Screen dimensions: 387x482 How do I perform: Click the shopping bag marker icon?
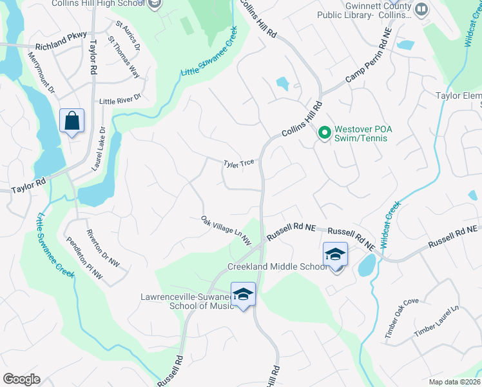coord(72,120)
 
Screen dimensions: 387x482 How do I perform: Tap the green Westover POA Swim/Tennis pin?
coord(325,134)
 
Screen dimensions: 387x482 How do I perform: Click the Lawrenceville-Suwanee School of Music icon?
coord(243,295)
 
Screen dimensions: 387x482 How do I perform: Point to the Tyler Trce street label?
coord(239,164)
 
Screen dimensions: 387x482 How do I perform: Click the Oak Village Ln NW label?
coord(226,230)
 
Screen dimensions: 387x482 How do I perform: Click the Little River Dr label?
coord(120,101)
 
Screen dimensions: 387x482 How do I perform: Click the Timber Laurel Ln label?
coord(436,321)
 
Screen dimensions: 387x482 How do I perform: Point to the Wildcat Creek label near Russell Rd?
coord(390,224)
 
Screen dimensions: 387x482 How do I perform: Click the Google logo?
coord(21,379)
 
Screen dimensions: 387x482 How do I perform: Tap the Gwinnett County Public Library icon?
coord(421,9)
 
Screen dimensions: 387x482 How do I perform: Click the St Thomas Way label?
coord(124,57)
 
